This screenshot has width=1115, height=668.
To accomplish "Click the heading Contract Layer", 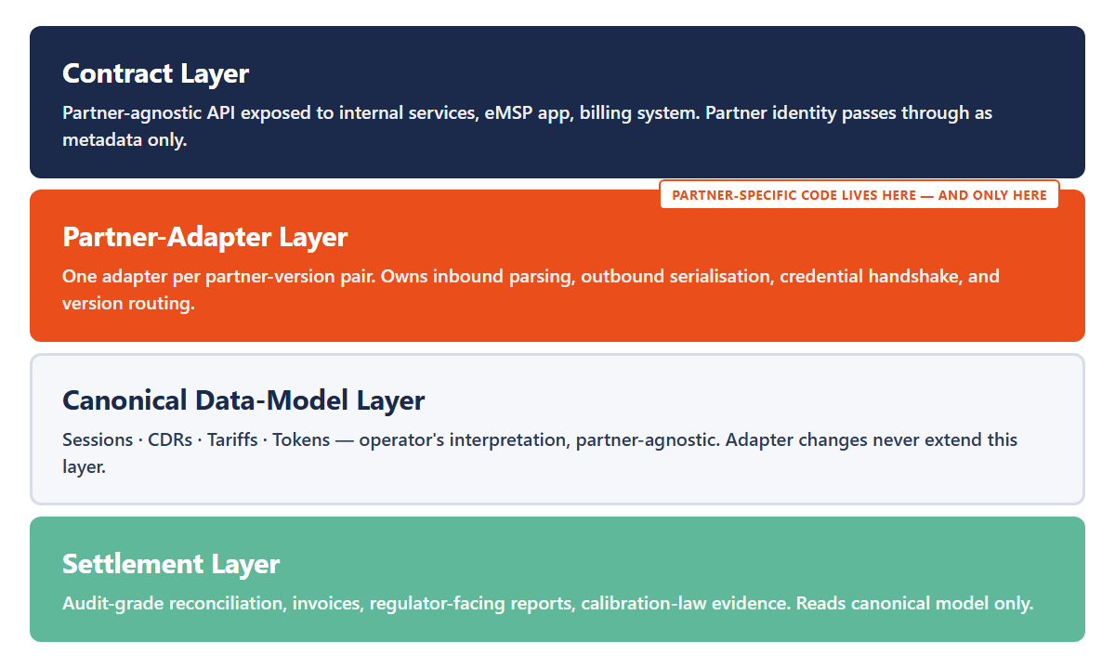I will pos(155,73).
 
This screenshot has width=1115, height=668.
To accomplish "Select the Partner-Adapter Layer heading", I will pos(204,237).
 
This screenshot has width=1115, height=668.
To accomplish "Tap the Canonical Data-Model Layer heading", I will pos(243,400).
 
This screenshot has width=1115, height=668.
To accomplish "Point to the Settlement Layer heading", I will pos(171,564).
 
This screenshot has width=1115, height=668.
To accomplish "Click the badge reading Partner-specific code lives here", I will pos(859,195).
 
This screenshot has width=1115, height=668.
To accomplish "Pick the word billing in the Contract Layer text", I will pos(605,113).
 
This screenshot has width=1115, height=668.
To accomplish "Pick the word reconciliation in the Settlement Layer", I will pos(228,604).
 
